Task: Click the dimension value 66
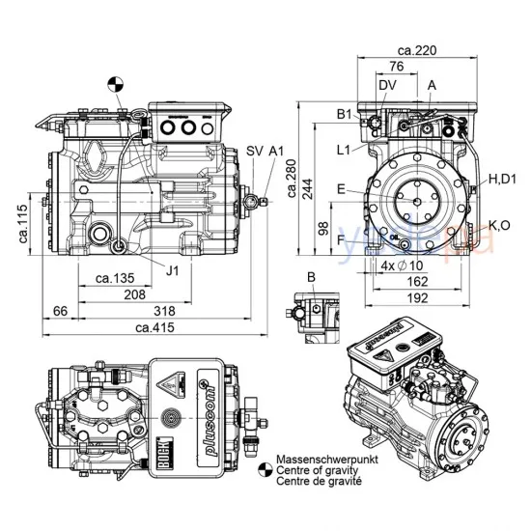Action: [59, 311]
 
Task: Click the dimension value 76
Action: [396, 67]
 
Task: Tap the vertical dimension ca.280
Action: [294, 180]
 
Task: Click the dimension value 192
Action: [417, 297]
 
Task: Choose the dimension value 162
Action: [417, 281]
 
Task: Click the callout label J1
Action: [172, 271]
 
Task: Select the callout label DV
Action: [387, 86]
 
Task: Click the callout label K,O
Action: [500, 224]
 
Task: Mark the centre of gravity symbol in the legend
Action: [265, 469]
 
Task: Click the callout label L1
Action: [345, 150]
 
